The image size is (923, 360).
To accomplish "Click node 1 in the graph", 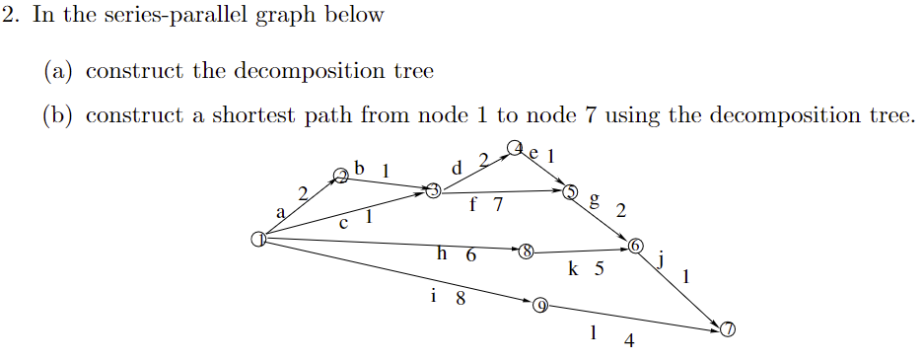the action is tap(258, 239).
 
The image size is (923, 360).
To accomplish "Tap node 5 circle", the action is tap(570, 191).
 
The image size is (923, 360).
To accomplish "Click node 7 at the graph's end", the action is tap(728, 329).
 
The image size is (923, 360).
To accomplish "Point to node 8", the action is tap(527, 252).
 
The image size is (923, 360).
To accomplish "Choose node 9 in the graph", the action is tap(539, 305).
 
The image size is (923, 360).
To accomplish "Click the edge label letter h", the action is tap(443, 253).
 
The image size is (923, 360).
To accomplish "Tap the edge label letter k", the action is tap(574, 267).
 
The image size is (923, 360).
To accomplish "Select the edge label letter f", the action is tap(474, 206).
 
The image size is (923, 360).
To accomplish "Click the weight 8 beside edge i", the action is tap(460, 298).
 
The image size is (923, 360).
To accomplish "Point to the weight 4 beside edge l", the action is tap(629, 342).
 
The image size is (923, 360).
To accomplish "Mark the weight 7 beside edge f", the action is tap(498, 206).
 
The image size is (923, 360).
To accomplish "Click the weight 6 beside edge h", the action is tap(470, 255).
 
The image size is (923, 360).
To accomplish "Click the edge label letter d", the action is tap(456, 168).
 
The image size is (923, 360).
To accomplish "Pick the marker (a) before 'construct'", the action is tap(58, 71).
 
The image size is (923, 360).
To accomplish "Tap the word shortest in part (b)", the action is tap(246, 115).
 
